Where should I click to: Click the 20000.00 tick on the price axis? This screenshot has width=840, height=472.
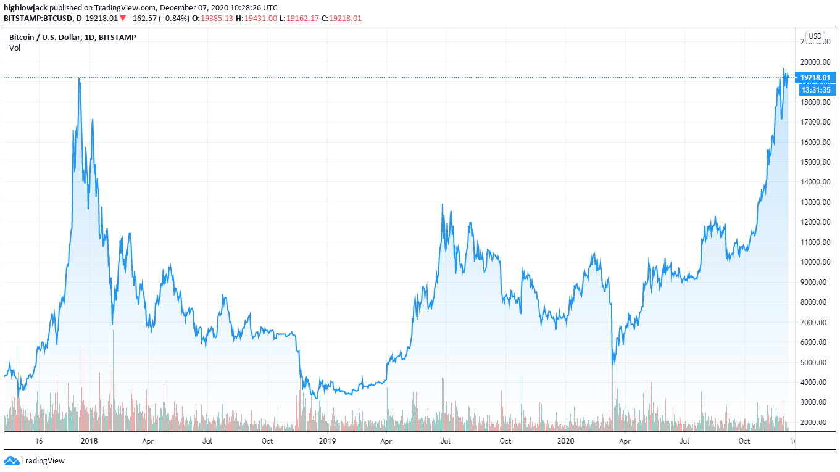pyautogui.click(x=814, y=62)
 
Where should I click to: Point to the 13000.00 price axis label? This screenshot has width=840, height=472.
pyautogui.click(x=814, y=202)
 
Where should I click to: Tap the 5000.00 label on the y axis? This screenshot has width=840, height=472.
pyautogui.click(x=814, y=362)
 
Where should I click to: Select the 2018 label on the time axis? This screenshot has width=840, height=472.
pyautogui.click(x=89, y=441)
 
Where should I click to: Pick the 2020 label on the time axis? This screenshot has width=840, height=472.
pyautogui.click(x=565, y=441)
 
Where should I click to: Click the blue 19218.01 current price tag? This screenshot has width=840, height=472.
pyautogui.click(x=815, y=77)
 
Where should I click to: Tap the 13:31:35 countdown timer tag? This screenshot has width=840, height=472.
pyautogui.click(x=815, y=90)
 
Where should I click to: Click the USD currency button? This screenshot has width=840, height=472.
pyautogui.click(x=815, y=36)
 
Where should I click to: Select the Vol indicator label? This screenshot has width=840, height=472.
pyautogui.click(x=14, y=48)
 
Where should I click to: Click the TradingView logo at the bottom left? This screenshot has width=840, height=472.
pyautogui.click(x=35, y=460)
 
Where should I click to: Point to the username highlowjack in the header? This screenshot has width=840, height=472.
pyautogui.click(x=25, y=8)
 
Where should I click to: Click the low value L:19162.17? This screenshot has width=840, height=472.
pyautogui.click(x=299, y=19)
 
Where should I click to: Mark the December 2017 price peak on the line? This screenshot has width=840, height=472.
pyautogui.click(x=79, y=78)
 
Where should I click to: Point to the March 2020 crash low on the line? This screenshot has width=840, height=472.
pyautogui.click(x=613, y=365)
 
